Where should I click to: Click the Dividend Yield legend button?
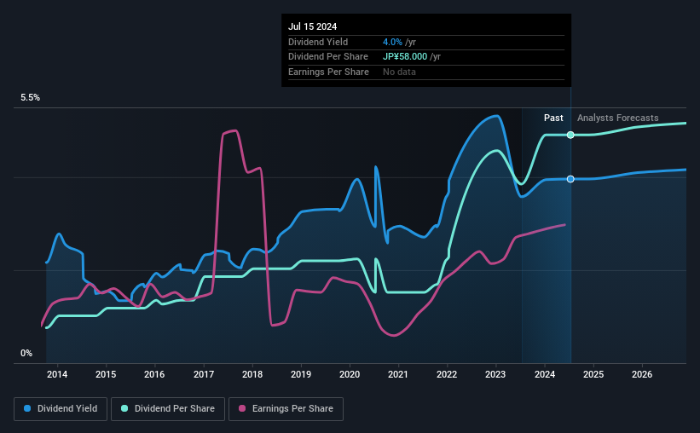click(61, 409)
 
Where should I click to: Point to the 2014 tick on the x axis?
click(57, 374)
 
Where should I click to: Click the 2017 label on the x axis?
click(204, 374)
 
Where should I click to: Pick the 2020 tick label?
click(350, 374)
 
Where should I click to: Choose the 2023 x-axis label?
click(496, 374)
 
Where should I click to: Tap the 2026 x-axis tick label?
click(642, 374)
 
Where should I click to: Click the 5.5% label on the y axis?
click(31, 98)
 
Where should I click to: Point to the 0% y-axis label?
click(26, 353)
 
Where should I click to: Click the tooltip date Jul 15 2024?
click(315, 26)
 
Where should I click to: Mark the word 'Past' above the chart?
click(553, 118)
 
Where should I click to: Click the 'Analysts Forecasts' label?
click(617, 118)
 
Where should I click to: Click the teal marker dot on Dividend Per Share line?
click(570, 136)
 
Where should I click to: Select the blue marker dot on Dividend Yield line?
click(570, 179)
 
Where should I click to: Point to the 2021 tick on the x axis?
click(398, 374)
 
